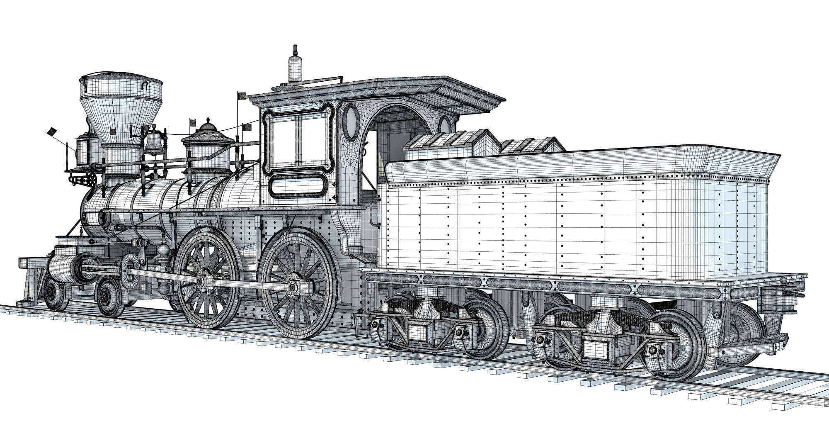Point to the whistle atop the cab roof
(295, 66)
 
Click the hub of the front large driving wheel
(201, 282)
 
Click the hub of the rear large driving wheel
(293, 287)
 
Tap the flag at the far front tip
(51, 132)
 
